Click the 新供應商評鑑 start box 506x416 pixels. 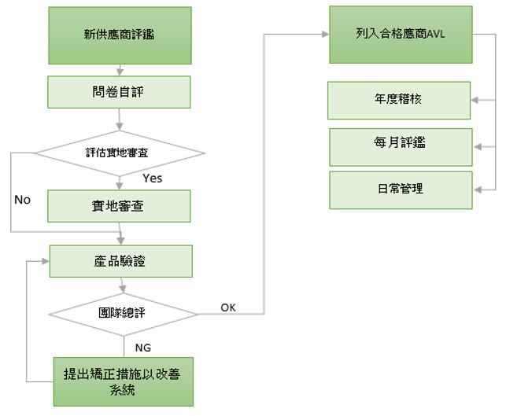point(119,35)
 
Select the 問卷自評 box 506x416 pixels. point(119,91)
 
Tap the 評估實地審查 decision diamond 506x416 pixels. point(119,152)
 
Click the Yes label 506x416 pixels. point(152,179)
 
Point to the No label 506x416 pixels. point(22,200)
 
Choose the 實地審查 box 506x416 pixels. point(119,205)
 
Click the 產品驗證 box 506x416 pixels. point(120,260)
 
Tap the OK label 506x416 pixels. point(227,307)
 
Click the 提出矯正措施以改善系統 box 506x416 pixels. point(124,381)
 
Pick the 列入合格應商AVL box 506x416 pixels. point(401,35)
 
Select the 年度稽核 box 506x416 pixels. point(401,100)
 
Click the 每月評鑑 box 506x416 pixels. point(401,146)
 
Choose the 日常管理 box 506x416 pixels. point(401,189)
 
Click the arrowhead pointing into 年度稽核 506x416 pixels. point(477,100)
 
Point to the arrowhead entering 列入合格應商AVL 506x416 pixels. point(325,35)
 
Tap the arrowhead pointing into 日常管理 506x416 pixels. point(477,189)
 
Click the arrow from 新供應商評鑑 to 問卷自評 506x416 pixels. point(119,70)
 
